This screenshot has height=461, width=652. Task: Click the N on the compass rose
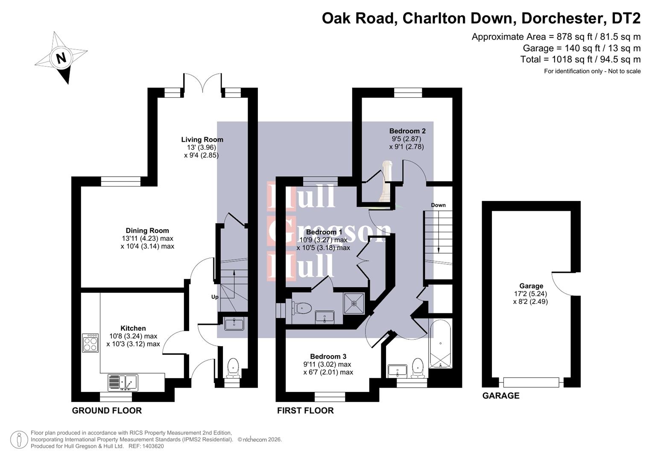point(61,58)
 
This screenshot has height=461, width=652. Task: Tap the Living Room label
point(202,140)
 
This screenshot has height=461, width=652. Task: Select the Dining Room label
point(147,230)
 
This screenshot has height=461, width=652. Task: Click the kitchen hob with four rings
point(91,343)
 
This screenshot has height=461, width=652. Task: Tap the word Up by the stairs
point(215,297)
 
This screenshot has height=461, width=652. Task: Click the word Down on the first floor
point(438,205)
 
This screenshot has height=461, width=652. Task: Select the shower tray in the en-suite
point(354,303)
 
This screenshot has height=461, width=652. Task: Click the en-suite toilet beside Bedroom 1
point(302,307)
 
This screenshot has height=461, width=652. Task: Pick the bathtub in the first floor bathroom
point(440,344)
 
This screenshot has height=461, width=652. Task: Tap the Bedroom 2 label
point(407,131)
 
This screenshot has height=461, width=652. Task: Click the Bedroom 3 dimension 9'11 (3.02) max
point(327,365)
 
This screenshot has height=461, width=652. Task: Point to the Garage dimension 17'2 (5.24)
point(531,294)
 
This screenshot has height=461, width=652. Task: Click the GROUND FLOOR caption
point(107,411)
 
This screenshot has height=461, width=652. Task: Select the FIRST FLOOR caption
point(305,411)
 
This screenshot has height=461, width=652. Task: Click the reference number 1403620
point(153,446)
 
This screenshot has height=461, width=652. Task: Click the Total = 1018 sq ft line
point(580,59)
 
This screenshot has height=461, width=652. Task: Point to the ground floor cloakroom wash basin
point(234,324)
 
